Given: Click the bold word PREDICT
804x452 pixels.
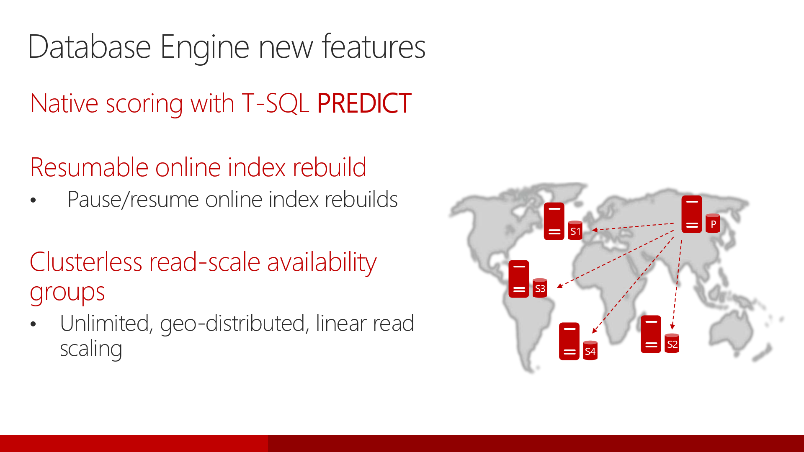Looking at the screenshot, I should (364, 103).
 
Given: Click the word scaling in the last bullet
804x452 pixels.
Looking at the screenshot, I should (91, 349).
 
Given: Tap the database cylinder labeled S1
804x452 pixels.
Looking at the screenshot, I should (575, 231).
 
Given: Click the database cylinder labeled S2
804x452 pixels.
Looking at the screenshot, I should (672, 344).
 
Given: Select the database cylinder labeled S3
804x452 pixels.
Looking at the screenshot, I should (540, 288).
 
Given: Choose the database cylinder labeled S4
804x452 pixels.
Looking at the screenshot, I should (590, 351).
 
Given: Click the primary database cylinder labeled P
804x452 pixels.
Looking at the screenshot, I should (713, 223).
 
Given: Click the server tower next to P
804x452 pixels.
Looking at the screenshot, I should (692, 214).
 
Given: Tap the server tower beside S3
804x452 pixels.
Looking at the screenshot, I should (519, 279).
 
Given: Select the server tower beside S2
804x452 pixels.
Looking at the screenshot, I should (651, 334).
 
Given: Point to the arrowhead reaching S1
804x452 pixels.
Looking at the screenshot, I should (595, 230).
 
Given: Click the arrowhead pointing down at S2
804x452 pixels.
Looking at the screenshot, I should (672, 327).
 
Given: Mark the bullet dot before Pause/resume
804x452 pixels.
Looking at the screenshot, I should (33, 200).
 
